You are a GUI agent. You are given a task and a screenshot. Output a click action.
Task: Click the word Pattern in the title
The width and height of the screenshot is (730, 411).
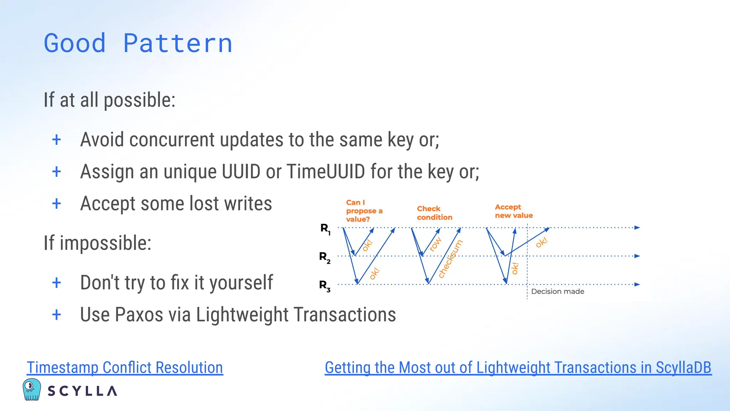tap(178, 44)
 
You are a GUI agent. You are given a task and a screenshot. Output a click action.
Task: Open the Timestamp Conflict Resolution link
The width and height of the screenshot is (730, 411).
tap(125, 367)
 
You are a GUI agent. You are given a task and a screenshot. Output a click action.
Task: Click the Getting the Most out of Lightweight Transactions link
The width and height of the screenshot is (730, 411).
tap(518, 367)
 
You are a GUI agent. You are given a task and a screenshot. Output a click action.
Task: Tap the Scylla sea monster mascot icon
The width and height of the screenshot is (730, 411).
tap(31, 389)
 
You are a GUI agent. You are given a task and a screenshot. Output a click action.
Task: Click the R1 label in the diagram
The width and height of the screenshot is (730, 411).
tap(325, 229)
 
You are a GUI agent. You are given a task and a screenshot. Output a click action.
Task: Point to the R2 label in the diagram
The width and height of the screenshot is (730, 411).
tap(324, 257)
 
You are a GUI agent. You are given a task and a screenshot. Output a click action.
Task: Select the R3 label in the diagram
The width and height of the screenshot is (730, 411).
tap(324, 285)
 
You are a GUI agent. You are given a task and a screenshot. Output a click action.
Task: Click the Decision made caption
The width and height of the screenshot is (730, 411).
tap(557, 291)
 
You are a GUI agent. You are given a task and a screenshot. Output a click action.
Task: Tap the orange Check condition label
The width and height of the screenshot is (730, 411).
tap(434, 213)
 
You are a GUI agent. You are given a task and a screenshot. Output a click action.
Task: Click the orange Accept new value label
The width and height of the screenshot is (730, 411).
tap(513, 211)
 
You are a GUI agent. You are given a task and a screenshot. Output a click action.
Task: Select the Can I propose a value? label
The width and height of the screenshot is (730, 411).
tap(364, 211)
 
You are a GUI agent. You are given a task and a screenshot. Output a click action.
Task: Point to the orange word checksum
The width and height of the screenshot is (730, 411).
tap(450, 259)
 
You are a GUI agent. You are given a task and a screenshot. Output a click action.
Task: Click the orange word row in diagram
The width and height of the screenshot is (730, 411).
tap(435, 244)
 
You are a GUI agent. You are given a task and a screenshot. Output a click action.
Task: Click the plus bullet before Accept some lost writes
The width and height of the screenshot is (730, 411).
tap(56, 204)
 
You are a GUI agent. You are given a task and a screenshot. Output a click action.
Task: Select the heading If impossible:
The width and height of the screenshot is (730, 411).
tap(97, 243)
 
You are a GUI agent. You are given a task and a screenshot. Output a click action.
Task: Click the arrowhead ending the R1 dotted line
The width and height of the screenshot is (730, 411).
tap(637, 228)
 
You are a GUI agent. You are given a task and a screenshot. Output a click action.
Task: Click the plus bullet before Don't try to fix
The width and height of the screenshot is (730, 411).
tap(56, 283)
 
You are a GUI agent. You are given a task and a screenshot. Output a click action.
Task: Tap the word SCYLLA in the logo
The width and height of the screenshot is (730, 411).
tap(82, 391)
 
